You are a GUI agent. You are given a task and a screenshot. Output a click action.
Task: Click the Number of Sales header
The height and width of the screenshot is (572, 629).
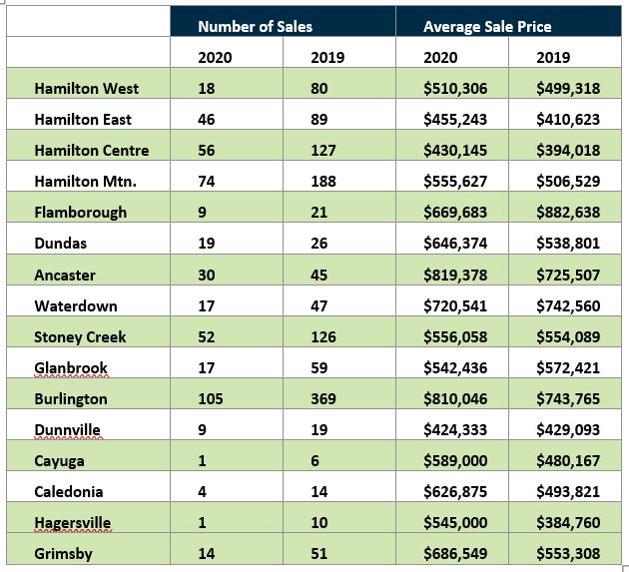pyautogui.click(x=255, y=27)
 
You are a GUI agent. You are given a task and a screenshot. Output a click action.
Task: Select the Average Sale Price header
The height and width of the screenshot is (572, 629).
pyautogui.click(x=487, y=27)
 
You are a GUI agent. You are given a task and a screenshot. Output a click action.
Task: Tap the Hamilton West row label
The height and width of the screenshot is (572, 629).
pyautogui.click(x=86, y=88)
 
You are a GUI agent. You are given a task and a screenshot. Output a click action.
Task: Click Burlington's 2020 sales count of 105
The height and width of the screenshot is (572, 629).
pyautogui.click(x=211, y=398)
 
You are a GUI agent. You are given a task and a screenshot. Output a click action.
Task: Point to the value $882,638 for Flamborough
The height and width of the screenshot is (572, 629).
pyautogui.click(x=568, y=213)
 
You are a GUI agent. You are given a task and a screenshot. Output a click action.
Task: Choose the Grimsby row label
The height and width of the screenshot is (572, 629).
pyautogui.click(x=63, y=554)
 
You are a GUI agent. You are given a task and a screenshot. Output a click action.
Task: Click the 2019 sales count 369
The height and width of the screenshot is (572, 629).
pyautogui.click(x=323, y=398)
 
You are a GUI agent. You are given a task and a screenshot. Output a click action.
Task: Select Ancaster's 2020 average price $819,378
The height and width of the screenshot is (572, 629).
pyautogui.click(x=455, y=276)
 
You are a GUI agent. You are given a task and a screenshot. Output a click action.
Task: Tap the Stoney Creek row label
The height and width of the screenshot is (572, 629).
pyautogui.click(x=80, y=337)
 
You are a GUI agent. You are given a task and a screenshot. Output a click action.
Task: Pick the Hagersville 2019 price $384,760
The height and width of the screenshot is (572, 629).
pyautogui.click(x=568, y=523)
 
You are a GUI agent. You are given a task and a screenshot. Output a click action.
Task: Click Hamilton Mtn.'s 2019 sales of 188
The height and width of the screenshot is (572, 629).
pyautogui.click(x=323, y=182)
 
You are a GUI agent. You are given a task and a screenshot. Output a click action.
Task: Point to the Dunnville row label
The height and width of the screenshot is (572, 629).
pyautogui.click(x=68, y=429)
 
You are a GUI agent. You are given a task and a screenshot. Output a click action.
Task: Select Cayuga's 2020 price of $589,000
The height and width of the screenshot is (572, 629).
pyautogui.click(x=455, y=460)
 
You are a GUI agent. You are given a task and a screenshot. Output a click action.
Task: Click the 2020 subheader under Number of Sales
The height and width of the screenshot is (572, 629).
pyautogui.click(x=215, y=57)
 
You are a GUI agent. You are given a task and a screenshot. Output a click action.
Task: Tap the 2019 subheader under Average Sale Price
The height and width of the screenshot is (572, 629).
pyautogui.click(x=553, y=57)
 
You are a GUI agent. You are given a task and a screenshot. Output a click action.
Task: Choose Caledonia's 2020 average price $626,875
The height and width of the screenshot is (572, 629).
pyautogui.click(x=455, y=492)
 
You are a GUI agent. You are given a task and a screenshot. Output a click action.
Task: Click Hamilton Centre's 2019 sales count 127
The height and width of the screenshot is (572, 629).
pyautogui.click(x=323, y=151)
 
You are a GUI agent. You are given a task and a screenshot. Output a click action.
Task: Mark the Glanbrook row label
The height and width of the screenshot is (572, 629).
pyautogui.click(x=71, y=367)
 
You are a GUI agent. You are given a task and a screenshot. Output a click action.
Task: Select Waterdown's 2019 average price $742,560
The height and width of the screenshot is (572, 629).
pyautogui.click(x=568, y=306)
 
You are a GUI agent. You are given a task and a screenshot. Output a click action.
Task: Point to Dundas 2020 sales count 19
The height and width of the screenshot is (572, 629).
pyautogui.click(x=207, y=244)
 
